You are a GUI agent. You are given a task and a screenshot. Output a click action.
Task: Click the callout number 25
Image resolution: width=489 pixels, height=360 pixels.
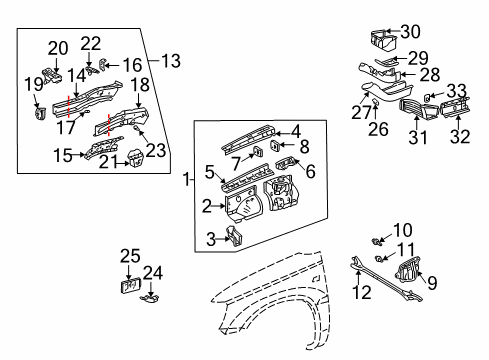click(x=129, y=257)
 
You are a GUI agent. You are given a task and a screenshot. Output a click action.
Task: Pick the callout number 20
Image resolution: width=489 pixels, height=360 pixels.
click(x=57, y=47)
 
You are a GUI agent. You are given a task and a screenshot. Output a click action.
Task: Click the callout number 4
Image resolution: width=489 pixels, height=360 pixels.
click(x=295, y=129)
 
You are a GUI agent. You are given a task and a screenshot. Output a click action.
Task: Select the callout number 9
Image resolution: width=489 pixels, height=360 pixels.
click(x=433, y=283)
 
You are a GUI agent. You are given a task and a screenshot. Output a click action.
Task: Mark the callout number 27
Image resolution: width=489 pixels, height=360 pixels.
click(x=357, y=114)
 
